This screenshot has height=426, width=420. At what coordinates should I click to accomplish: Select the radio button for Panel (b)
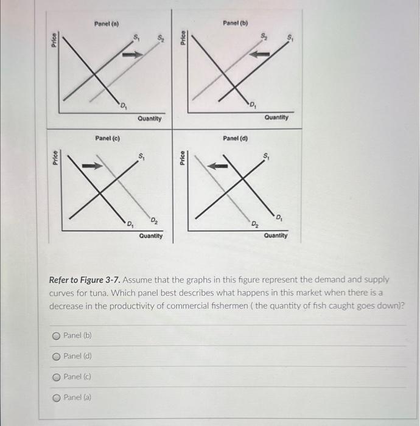coord(56,335)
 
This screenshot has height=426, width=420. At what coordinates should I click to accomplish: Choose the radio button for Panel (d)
coord(56,356)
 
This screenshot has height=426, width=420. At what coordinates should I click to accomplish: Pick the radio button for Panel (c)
coord(56,377)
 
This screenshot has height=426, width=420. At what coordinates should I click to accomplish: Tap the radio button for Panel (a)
coord(56,397)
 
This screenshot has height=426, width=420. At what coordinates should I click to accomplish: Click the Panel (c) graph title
coord(107,138)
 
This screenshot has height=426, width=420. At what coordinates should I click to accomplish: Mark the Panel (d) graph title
coord(235,138)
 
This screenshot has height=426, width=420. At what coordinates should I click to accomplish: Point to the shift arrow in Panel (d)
coord(218,165)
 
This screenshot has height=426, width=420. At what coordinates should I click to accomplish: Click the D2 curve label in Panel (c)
coord(154,220)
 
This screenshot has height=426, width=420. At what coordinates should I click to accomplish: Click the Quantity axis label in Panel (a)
coord(150,119)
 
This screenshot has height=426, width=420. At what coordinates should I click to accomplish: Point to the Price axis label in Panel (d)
coord(181,158)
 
